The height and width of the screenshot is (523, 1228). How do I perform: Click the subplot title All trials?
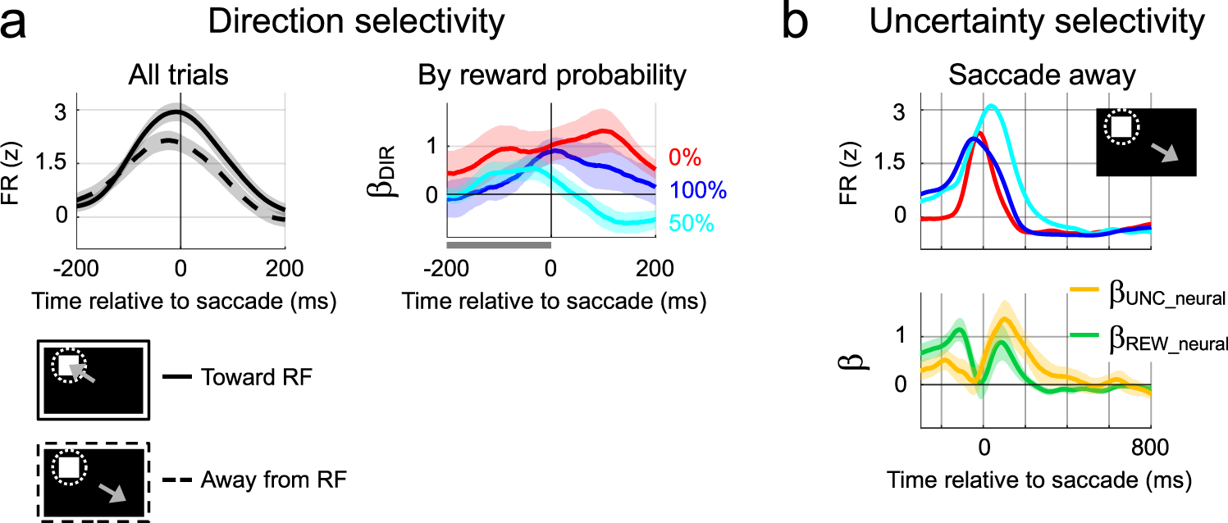coord(179,75)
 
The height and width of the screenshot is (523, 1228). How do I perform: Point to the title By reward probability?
coord(551,75)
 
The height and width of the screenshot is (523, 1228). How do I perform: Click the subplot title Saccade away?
coord(1042,75)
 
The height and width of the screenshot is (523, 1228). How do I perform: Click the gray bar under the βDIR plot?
coord(498,244)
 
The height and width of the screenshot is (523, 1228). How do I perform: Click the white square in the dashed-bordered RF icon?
coord(67,467)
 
